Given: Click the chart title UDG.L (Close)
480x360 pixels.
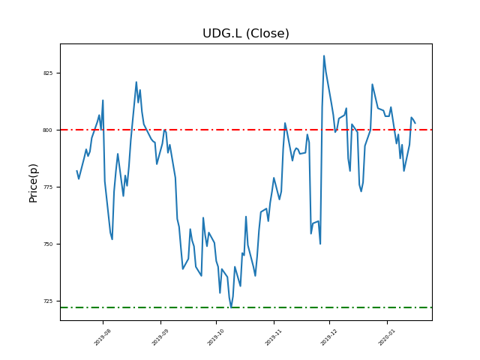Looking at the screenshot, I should click(245, 34).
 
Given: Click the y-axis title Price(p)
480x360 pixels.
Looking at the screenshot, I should click(33, 182).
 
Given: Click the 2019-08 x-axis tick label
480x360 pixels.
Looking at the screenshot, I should click(103, 336).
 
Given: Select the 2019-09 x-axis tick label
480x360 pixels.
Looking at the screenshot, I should click(160, 336).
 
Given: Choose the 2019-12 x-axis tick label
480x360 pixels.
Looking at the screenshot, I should click(329, 336).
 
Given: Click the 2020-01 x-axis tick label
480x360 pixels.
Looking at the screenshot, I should click(387, 336).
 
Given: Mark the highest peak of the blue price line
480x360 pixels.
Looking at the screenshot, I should click(324, 55).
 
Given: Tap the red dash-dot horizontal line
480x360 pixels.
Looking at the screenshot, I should click(187, 130).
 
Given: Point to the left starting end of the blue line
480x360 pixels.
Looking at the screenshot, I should click(76, 171).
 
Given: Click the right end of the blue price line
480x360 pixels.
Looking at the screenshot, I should click(415, 122).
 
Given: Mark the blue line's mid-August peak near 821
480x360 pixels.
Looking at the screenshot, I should click(136, 82).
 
